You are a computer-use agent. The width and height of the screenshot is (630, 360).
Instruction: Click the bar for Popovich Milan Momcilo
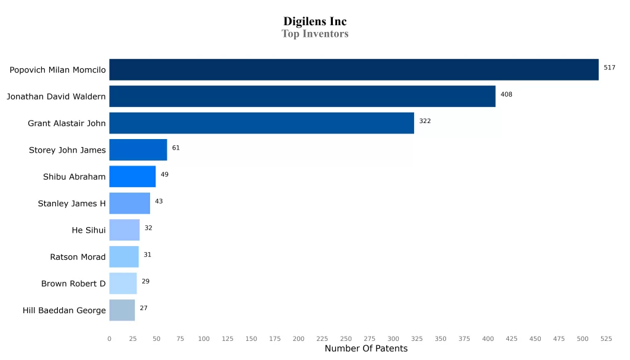pos(354,70)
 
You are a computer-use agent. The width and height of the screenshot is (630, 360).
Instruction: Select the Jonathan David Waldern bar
pos(302,97)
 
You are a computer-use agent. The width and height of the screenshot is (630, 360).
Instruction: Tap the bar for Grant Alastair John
pos(261,123)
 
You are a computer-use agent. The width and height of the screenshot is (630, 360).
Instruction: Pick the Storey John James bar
pos(138,150)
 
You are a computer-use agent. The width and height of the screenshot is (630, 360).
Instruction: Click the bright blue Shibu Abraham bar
pos(132,177)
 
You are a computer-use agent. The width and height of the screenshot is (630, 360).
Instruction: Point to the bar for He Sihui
pos(124,230)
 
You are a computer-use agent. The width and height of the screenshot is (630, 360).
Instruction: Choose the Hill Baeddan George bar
pos(122,310)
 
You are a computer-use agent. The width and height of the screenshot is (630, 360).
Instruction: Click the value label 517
pos(609,68)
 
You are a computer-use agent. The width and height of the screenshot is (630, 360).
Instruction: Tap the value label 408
pos(506,94)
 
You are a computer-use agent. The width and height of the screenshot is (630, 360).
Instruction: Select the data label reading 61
pos(176,148)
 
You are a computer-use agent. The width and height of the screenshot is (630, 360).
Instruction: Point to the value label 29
pos(146,281)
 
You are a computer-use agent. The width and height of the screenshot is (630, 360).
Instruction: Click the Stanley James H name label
pos(71,204)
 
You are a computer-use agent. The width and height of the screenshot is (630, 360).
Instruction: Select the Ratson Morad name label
pos(78,257)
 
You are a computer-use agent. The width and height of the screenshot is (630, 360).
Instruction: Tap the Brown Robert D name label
pos(73,284)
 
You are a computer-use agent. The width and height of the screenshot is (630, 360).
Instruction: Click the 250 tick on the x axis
pos(346,338)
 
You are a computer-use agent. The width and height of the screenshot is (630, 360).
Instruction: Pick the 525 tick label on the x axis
pos(606,338)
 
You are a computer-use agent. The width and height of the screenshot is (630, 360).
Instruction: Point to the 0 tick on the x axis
pos(110,338)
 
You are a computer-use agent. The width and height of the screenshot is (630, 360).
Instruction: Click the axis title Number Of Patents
pos(365,349)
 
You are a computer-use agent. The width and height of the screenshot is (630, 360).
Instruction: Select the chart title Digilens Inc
pos(315,22)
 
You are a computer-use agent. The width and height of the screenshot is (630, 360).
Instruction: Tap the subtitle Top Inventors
pos(315,34)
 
